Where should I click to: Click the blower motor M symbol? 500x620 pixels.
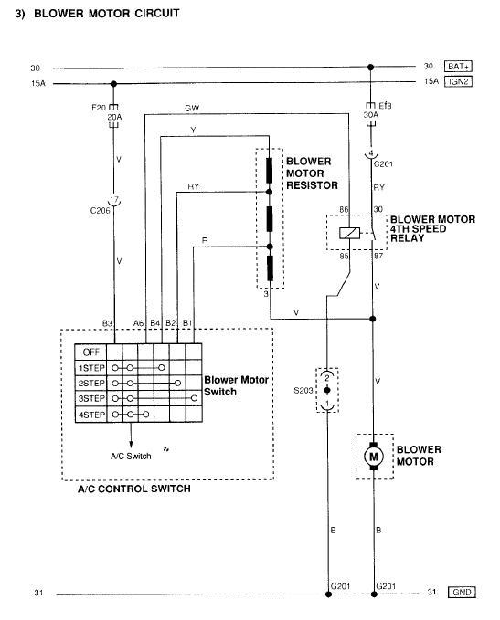pyautogui.click(x=373, y=457)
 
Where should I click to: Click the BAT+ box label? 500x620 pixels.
pyautogui.click(x=458, y=67)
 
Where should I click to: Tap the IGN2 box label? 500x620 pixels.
pyautogui.click(x=458, y=81)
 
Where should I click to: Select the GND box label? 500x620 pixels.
pyautogui.click(x=462, y=592)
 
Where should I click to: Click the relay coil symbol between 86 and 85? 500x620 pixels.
pyautogui.click(x=349, y=233)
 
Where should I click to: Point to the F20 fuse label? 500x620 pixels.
pyautogui.click(x=99, y=107)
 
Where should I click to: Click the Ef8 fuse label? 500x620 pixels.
pyautogui.click(x=385, y=106)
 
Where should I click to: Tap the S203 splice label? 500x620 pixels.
pyautogui.click(x=303, y=391)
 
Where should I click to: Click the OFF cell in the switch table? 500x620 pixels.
pyautogui.click(x=90, y=352)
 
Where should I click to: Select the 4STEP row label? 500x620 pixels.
pyautogui.click(x=91, y=415)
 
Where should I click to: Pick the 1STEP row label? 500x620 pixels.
pyautogui.click(x=91, y=368)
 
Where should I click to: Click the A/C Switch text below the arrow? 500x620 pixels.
pyautogui.click(x=131, y=456)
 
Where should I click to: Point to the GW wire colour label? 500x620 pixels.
pyautogui.click(x=192, y=109)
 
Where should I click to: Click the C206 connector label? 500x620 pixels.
pyautogui.click(x=101, y=210)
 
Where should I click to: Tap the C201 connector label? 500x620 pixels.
pyautogui.click(x=383, y=163)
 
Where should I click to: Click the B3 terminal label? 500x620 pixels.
pyautogui.click(x=107, y=323)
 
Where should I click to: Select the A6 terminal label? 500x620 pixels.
pyautogui.click(x=138, y=323)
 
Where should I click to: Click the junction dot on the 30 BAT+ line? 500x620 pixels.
pyautogui.click(x=370, y=68)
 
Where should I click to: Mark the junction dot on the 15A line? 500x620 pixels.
pyautogui.click(x=113, y=84)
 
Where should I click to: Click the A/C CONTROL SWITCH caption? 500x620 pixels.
pyautogui.click(x=134, y=489)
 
